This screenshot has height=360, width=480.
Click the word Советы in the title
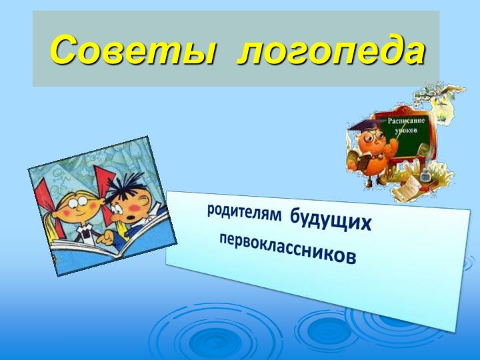(x=132, y=49)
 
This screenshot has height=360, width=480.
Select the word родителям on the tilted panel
(x=244, y=213)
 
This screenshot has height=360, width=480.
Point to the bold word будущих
(x=331, y=220)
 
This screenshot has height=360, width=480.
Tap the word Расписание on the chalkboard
(x=406, y=121)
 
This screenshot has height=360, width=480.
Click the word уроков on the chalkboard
(x=406, y=131)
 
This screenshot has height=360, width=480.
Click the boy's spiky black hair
(x=125, y=187)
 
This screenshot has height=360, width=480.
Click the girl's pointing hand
(x=105, y=237)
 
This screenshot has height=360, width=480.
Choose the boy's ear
(x=143, y=201)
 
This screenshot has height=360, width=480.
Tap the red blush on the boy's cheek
(x=135, y=208)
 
